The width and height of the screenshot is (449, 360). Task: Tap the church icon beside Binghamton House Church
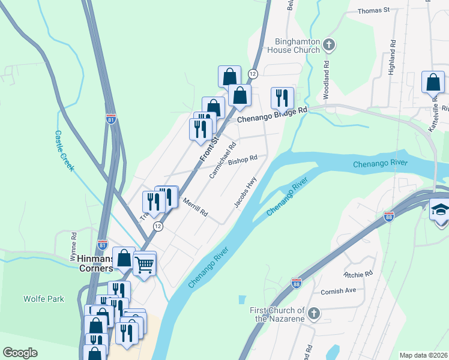click(x=328, y=44)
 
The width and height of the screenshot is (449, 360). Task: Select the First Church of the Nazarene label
click(x=277, y=314)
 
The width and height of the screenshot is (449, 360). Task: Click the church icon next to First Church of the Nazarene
click(x=313, y=313)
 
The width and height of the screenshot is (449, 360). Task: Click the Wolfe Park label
click(x=40, y=298)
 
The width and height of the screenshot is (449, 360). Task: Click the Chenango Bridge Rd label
click(x=272, y=115)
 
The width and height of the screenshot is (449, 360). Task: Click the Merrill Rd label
click(x=195, y=208)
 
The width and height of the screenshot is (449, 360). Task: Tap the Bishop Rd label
click(x=243, y=160)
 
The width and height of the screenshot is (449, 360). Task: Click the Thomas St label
click(x=373, y=10)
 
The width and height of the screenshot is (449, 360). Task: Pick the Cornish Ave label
click(x=339, y=291)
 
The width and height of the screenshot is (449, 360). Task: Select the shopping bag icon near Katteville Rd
click(x=433, y=82)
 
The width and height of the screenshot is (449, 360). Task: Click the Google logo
click(x=20, y=353)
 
